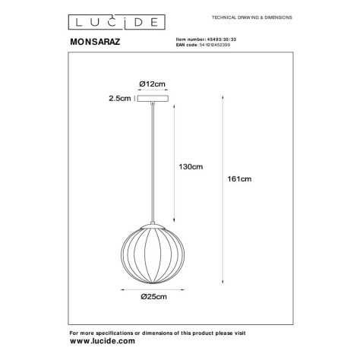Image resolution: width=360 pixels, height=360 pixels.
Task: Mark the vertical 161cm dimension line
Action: click(222, 186)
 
